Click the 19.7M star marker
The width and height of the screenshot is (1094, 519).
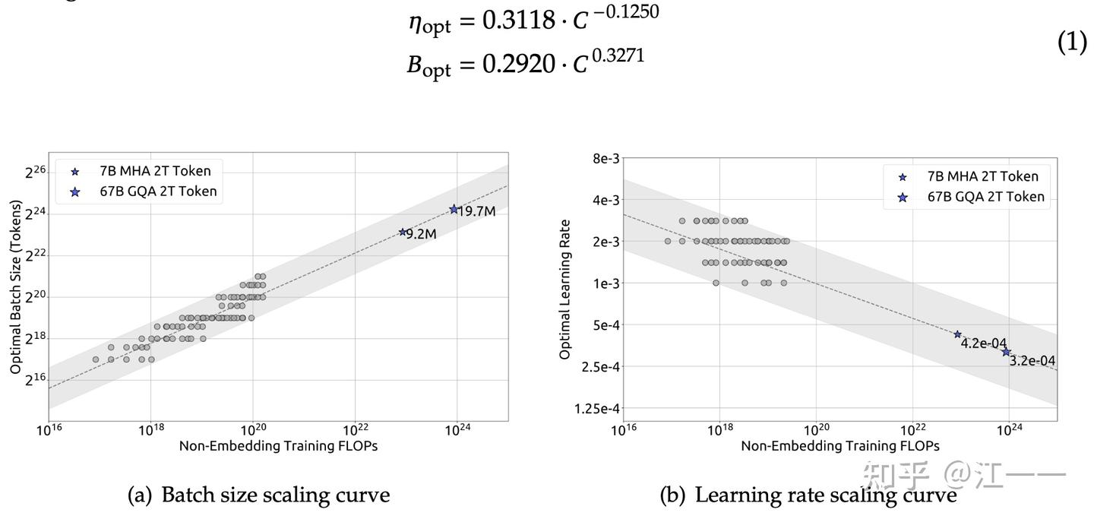click(x=454, y=209)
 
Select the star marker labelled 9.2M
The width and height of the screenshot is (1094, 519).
click(x=403, y=232)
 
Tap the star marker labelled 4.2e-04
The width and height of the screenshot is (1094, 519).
click(x=957, y=334)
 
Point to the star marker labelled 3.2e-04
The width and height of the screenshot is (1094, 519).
click(x=1006, y=352)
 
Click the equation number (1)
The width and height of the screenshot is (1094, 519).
click(x=1072, y=43)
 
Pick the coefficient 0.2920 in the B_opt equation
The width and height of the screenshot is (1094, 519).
click(x=519, y=65)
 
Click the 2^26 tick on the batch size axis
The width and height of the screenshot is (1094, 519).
click(x=36, y=172)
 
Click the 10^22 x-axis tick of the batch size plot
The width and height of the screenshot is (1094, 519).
click(x=355, y=430)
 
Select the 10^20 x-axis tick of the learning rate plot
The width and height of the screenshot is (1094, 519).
click(x=817, y=430)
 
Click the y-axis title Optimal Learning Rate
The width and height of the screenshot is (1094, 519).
click(x=564, y=290)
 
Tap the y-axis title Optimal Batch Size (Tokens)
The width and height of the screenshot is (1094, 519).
click(x=16, y=286)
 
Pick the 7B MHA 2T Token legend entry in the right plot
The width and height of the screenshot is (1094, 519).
click(x=982, y=176)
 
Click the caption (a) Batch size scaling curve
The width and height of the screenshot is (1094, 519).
click(x=258, y=495)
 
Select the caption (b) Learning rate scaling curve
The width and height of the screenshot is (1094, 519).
click(x=808, y=495)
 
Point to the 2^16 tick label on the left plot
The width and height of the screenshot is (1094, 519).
click(x=36, y=379)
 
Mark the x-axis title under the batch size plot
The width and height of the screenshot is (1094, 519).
click(x=278, y=446)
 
